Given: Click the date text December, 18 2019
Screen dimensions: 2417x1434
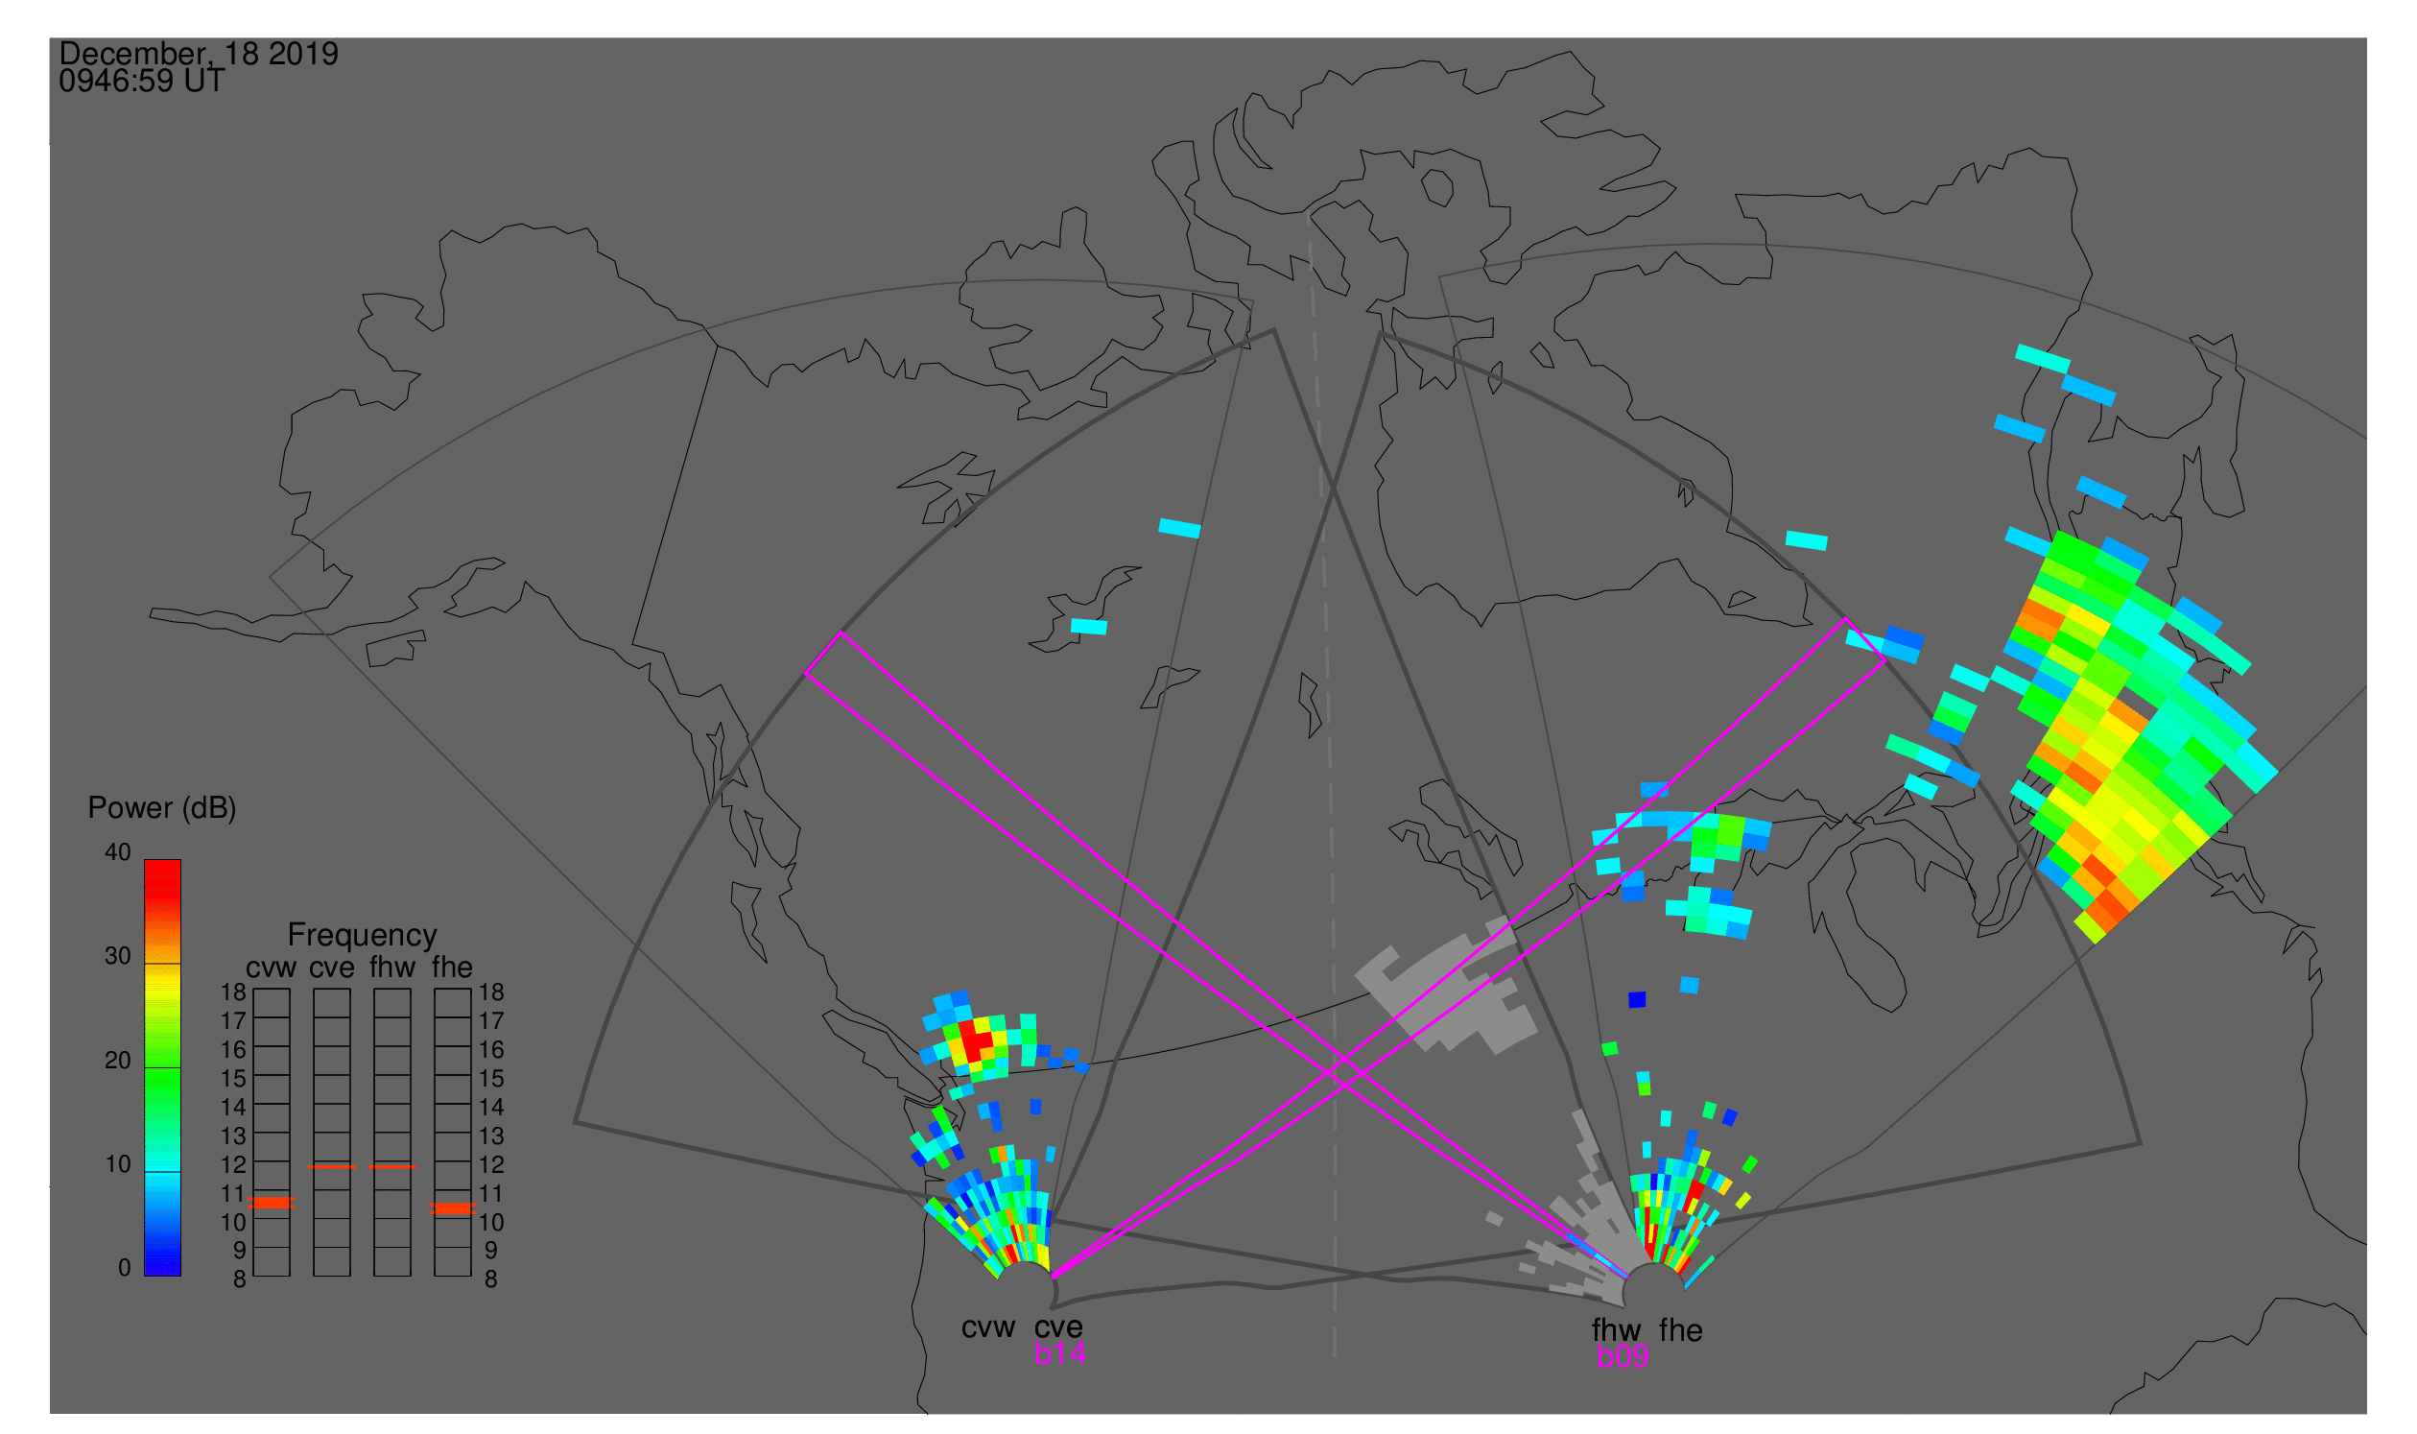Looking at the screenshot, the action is [199, 54].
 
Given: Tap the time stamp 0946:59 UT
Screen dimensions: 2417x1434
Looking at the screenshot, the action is [142, 82].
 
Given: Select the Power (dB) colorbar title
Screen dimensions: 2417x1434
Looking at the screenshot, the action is [162, 808].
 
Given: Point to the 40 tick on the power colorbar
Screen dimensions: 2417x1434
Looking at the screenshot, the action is [118, 852].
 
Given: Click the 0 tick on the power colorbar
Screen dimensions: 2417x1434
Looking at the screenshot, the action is [124, 1268].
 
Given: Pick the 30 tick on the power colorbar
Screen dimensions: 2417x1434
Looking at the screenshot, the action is [118, 956].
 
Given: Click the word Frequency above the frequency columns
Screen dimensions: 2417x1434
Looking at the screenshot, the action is [363, 936].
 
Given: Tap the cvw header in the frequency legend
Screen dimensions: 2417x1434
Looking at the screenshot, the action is [272, 968].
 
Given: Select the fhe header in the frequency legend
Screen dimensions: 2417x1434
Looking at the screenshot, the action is [452, 968].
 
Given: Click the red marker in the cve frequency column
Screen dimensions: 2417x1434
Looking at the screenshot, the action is [331, 1167].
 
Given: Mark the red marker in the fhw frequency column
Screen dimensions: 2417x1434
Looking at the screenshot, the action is [392, 1167].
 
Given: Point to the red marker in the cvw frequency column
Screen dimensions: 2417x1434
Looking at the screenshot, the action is [272, 1203].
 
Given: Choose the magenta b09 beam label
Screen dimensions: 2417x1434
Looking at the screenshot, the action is [1622, 1356].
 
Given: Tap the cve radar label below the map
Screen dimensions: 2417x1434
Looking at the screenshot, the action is [1058, 1327].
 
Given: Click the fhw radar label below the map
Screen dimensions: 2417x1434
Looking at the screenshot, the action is [1616, 1330].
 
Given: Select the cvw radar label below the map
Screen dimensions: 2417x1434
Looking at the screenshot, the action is [988, 1327].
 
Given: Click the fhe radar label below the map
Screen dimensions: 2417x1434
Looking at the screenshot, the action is [1681, 1330].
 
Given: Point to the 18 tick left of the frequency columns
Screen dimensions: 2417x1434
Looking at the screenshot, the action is [234, 992].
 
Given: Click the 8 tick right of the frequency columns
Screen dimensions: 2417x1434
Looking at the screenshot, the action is [490, 1279].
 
